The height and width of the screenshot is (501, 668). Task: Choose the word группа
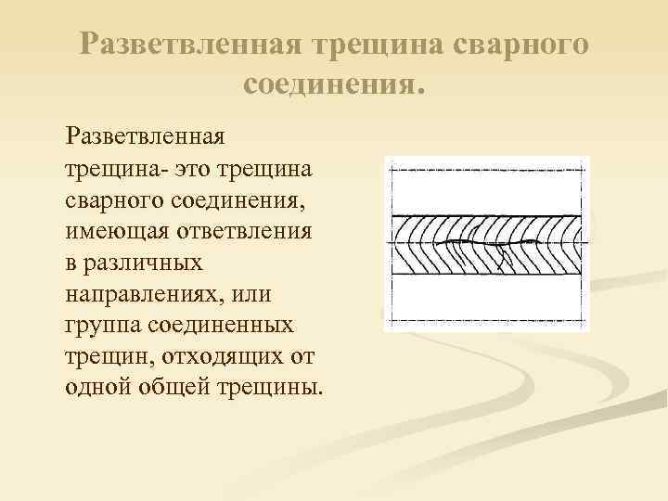coord(101,325)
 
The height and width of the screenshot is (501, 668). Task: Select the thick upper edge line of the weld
coord(487,216)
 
